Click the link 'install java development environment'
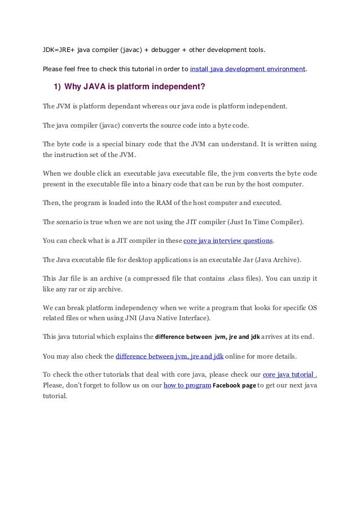click(248, 69)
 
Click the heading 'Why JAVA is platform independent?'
click(134, 88)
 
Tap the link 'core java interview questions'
click(229, 241)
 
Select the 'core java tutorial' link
click(289, 374)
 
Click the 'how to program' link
click(187, 385)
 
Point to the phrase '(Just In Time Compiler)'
click(260, 221)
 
